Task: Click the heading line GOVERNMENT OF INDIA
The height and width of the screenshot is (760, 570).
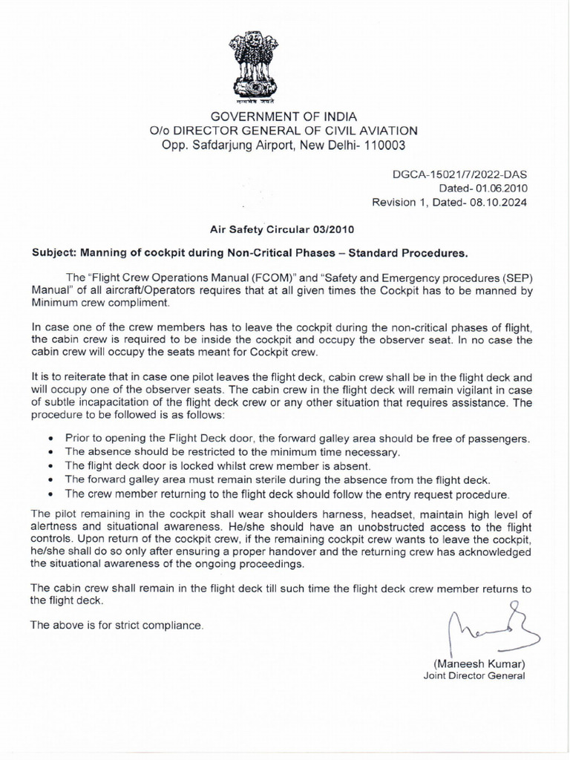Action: click(x=284, y=117)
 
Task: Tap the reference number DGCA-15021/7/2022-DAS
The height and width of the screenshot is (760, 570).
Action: click(x=460, y=174)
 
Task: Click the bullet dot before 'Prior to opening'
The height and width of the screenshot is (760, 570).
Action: click(x=50, y=439)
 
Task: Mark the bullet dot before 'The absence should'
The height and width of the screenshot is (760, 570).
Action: click(x=50, y=453)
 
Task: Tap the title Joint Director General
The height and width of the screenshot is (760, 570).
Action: click(x=474, y=675)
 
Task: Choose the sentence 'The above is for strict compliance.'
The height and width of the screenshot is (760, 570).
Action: click(x=116, y=626)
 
